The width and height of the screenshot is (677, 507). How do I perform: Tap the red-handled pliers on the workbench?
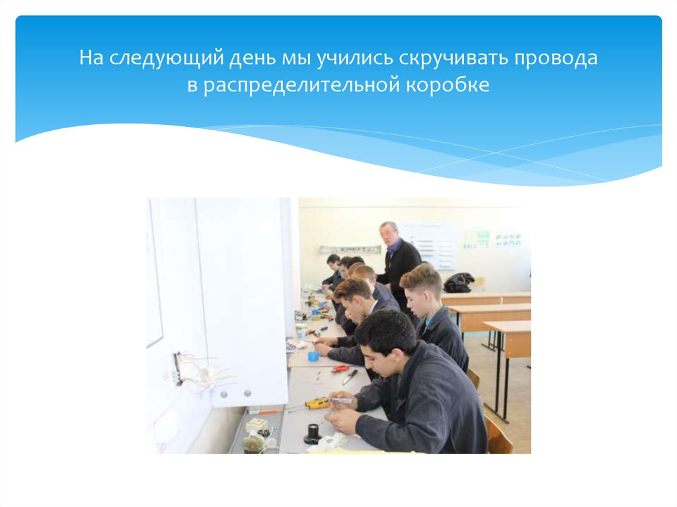tap(340, 368)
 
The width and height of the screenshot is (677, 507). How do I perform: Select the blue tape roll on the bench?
tap(313, 356)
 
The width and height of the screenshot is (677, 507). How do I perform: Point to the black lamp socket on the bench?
tap(312, 434)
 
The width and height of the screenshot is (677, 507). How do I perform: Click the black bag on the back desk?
tap(459, 282)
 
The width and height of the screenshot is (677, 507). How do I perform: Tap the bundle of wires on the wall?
tap(202, 370)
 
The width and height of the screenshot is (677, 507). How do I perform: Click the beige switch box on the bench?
tap(257, 425)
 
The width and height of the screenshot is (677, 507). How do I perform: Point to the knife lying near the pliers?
tap(350, 377)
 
